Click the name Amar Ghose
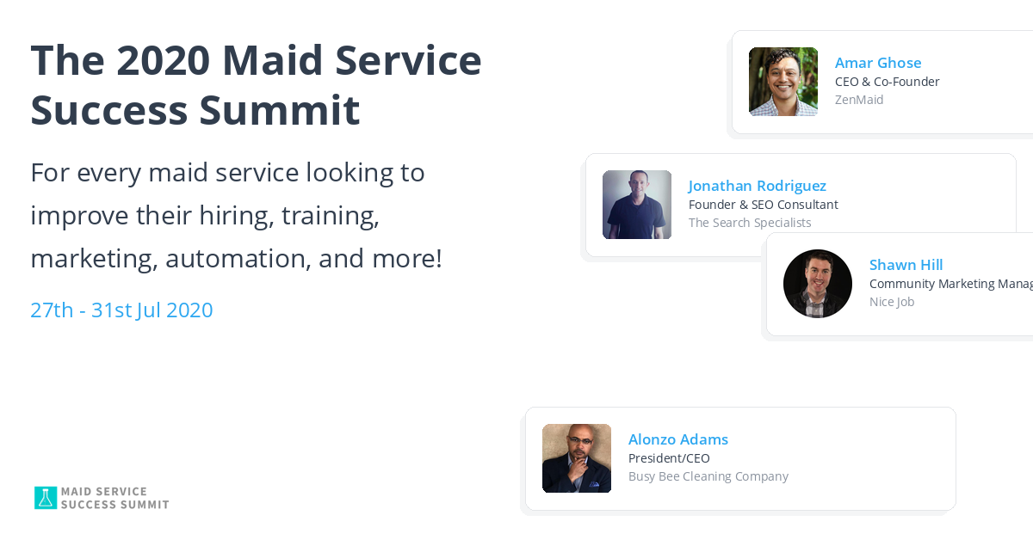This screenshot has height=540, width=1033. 877,63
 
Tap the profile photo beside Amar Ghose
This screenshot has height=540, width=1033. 782,82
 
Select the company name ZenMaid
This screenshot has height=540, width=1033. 858,100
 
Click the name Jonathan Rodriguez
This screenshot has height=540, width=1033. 757,186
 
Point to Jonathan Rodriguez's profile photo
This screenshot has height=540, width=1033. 636,205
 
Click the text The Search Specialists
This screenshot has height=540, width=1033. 749,223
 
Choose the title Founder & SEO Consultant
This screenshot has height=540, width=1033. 763,205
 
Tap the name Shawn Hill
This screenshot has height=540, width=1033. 906,265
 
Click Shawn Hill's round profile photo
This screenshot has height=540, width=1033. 817,284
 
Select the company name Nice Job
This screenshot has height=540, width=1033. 891,302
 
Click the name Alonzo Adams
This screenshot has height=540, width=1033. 677,439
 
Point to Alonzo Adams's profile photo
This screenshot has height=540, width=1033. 576,458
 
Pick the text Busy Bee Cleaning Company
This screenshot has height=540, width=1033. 708,476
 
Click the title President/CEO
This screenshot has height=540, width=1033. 669,458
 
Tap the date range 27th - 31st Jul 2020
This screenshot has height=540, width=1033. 121,310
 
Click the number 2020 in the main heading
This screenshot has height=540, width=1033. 163,61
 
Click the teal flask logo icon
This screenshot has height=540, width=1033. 45,498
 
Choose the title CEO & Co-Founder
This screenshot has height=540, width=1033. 887,82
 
